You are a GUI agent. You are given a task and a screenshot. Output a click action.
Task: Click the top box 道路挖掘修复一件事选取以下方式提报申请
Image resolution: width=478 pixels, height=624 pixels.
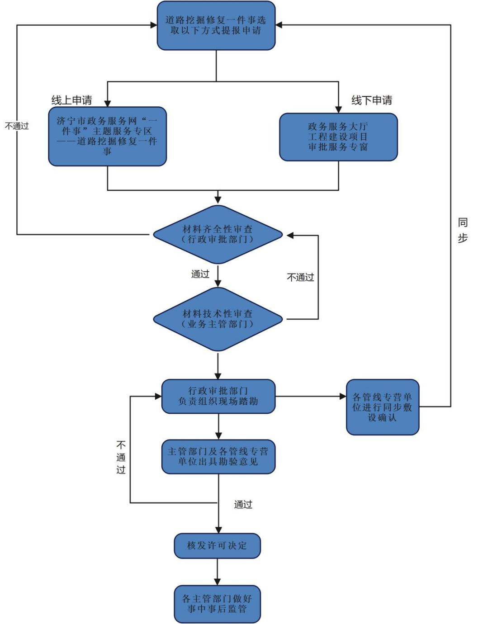pos(216,25)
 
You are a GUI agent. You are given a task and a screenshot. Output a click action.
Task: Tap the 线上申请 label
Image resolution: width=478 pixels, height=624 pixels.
pos(71,100)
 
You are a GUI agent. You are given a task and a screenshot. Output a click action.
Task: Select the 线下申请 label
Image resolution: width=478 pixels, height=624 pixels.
pos(372,100)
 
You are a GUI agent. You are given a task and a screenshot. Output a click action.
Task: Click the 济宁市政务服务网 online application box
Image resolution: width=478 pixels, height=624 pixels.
pos(107,136)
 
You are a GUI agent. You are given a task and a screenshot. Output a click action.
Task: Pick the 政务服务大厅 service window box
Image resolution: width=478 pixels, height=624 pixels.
pos(338,137)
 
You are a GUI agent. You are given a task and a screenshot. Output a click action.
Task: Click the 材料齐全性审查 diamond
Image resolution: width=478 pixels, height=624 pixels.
pos(218,234)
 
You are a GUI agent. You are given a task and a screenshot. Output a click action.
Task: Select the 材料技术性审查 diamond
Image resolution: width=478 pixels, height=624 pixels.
pos(218,319)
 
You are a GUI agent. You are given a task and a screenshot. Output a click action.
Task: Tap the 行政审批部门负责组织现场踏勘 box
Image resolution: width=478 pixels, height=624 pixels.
pos(218,396)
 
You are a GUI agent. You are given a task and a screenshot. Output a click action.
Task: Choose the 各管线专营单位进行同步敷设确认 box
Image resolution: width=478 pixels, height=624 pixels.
pos(382,407)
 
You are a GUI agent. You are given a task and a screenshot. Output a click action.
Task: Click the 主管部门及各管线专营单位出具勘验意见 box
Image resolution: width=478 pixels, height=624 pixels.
pos(218,456)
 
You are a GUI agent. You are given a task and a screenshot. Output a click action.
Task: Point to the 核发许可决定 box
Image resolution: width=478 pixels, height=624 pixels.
pos(217,545)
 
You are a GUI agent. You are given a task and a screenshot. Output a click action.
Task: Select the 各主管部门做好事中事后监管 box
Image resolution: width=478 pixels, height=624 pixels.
pos(217,604)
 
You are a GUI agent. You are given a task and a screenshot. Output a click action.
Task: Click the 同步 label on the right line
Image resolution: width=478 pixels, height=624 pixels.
pos(463,230)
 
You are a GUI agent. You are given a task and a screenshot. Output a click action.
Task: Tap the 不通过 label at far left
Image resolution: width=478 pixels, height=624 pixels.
pos(17,126)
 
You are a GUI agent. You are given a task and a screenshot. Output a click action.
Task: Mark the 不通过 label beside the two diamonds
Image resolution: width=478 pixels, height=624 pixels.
pos(300,277)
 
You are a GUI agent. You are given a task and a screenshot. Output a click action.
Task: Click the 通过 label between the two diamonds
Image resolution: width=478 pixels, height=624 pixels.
pos(200,274)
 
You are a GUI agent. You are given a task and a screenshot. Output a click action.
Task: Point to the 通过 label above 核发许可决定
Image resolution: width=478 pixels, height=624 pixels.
pos(243,505)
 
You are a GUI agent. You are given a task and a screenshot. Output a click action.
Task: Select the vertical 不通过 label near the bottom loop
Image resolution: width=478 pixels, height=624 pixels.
pos(121,457)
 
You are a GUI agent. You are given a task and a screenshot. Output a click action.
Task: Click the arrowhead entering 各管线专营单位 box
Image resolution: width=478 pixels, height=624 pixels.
pos(343,397)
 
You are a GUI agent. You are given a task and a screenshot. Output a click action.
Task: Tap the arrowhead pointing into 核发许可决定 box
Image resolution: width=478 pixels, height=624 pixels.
pos(218,530)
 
